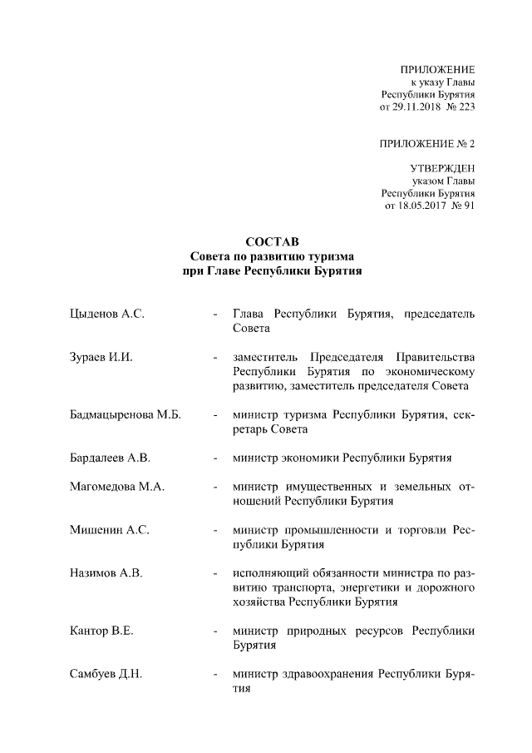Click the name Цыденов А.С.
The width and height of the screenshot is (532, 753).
pos(107,314)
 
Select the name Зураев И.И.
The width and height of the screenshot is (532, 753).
pos(101,358)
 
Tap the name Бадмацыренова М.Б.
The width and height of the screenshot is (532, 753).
pos(126,414)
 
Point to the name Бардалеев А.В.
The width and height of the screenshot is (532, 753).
pos(111,458)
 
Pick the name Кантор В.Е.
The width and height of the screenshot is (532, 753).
pos(102,631)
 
